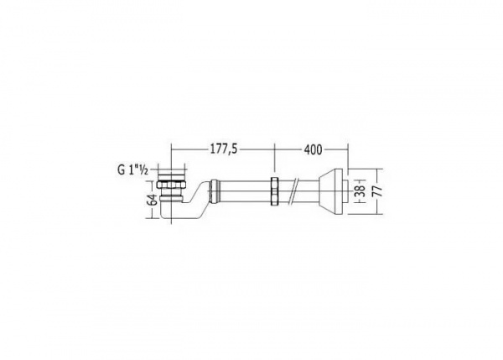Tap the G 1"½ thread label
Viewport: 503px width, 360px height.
tap(132, 171)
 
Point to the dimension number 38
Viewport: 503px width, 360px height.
tap(360, 190)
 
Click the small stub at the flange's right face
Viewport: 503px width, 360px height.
tap(346, 190)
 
